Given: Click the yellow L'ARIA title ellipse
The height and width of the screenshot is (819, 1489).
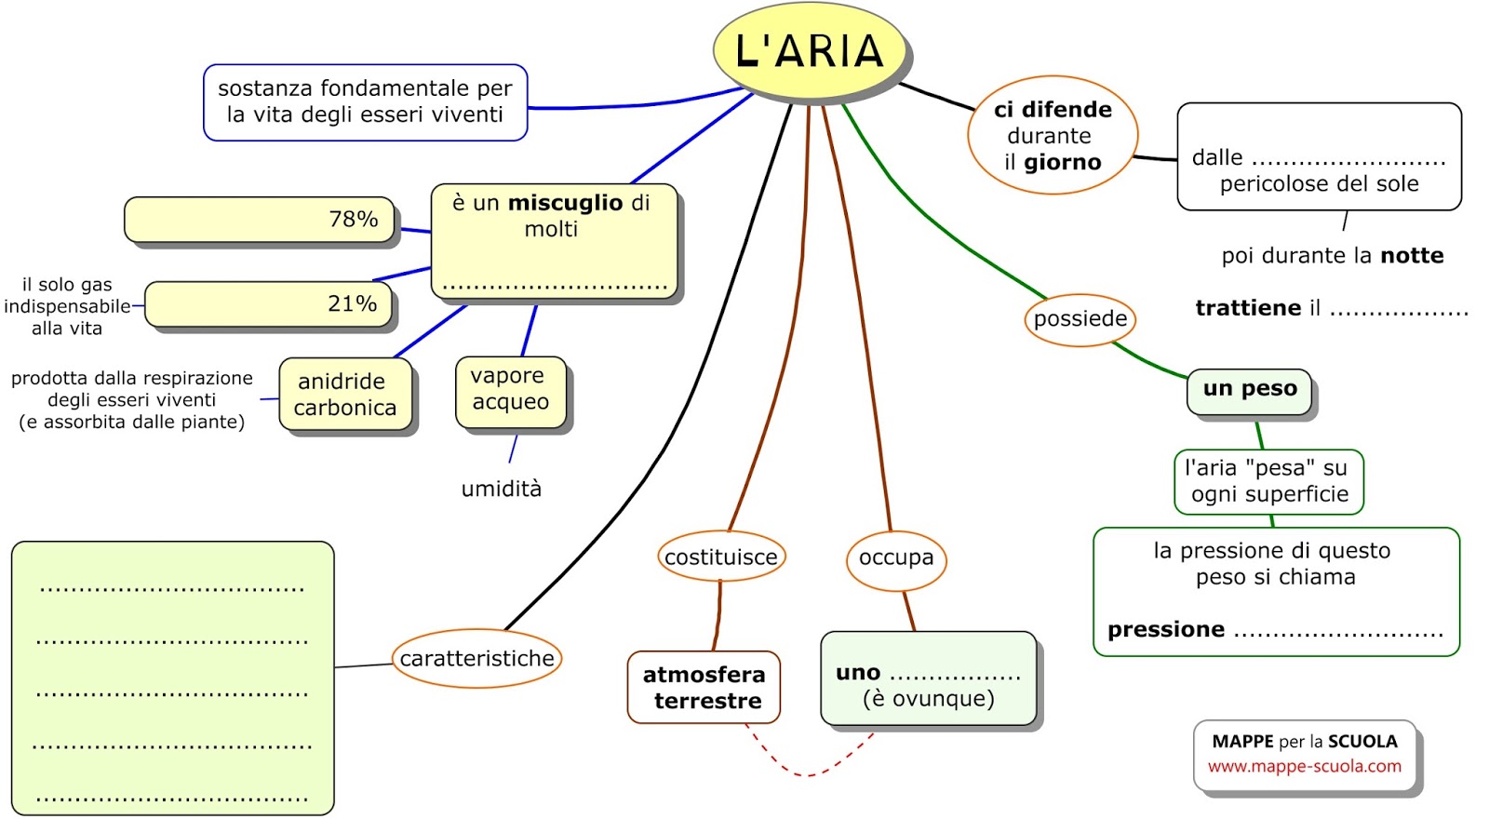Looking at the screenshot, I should [809, 51].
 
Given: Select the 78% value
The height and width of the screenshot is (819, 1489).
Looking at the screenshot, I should [353, 220].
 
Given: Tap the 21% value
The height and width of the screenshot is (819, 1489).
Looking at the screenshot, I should [352, 304].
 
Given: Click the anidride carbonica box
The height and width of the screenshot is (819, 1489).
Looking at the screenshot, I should [345, 395].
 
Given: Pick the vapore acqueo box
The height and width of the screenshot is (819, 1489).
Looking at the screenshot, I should [510, 389].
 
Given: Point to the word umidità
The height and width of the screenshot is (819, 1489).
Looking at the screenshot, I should [501, 490].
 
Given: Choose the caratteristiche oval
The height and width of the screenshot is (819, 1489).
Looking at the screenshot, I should [476, 659].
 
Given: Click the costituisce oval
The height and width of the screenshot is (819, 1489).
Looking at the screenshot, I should [720, 557].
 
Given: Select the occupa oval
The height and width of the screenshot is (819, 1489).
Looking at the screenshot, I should [895, 557].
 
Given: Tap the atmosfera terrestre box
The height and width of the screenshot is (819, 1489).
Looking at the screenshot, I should [704, 688].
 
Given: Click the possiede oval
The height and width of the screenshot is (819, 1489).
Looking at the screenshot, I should [1080, 319].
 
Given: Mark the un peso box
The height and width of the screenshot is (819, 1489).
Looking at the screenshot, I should [1249, 390].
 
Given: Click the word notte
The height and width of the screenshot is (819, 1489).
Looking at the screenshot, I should [1412, 256].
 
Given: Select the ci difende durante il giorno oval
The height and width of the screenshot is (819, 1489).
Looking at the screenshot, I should [1052, 136].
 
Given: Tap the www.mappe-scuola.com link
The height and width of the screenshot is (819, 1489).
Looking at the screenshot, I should [1304, 767].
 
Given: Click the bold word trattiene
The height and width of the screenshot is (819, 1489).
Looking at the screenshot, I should [1248, 308].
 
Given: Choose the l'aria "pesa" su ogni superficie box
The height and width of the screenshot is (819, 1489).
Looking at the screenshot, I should [1268, 482].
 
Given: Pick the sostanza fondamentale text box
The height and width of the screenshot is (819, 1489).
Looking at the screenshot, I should [365, 102].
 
